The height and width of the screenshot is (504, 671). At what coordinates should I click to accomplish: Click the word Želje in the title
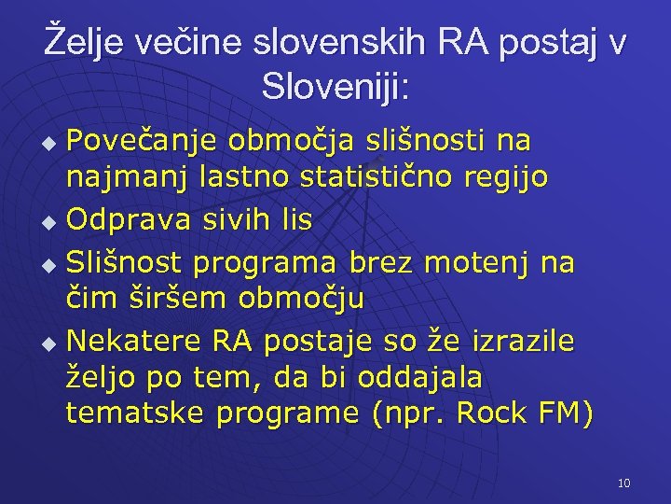click(x=84, y=44)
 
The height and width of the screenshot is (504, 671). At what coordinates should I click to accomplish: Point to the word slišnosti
click(x=419, y=142)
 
